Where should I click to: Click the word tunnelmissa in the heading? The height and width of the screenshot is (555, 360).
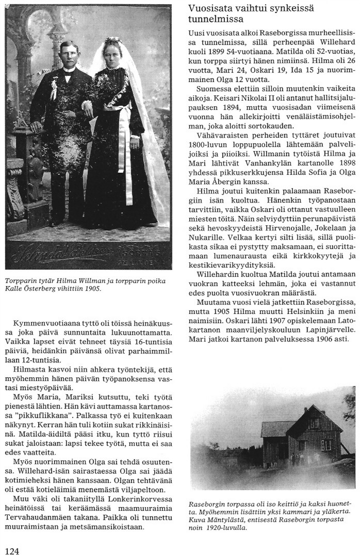pos(211,20)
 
